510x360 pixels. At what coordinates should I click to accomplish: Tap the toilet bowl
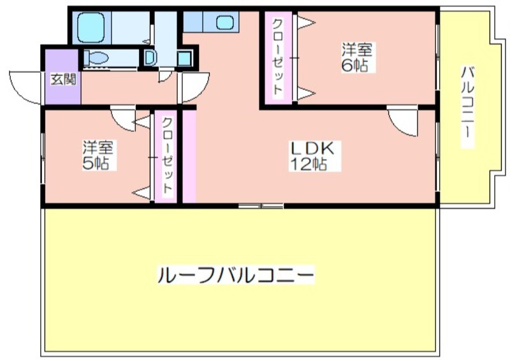96,59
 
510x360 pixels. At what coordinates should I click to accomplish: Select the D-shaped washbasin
150,57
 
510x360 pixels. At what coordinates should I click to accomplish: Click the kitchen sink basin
225,22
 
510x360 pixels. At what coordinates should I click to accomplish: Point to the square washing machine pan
184,59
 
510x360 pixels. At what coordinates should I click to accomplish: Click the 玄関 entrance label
63,79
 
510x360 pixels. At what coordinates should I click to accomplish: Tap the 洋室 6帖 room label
356,57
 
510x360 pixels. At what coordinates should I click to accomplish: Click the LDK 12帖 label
312,156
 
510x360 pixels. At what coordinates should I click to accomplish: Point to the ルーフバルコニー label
236,275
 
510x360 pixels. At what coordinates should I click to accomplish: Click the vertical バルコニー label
467,106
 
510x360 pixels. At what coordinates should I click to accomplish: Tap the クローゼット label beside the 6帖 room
277,57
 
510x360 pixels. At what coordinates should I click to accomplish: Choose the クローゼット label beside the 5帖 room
167,155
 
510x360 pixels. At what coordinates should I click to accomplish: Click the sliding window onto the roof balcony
261,206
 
